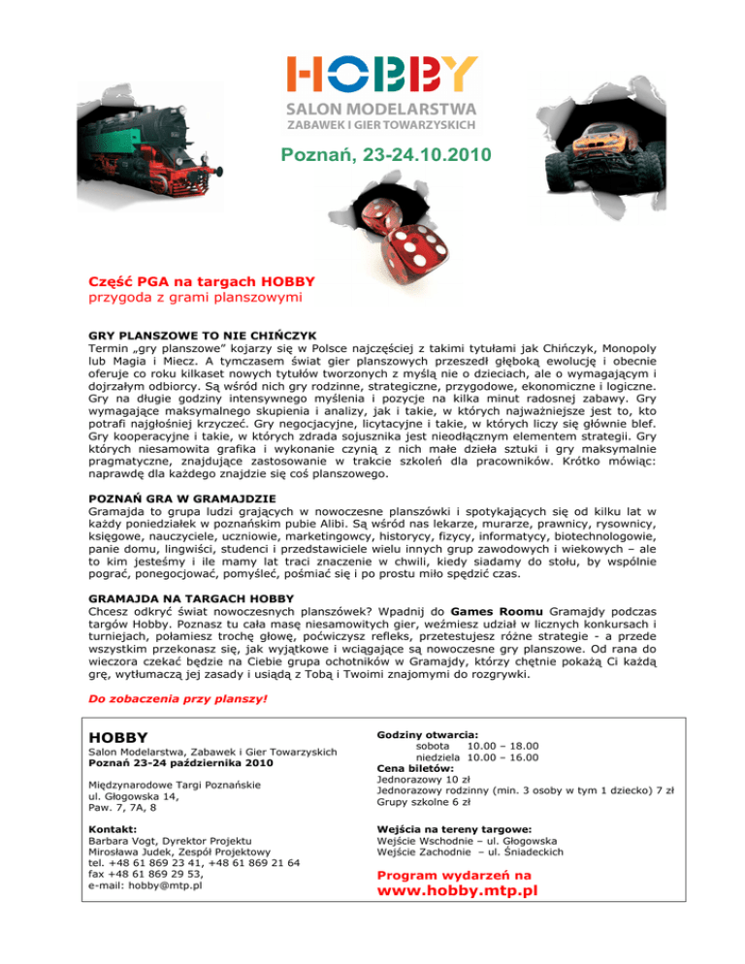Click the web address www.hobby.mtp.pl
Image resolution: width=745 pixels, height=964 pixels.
pos(456,891)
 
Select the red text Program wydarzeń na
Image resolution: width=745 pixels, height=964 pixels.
pos(453,873)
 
